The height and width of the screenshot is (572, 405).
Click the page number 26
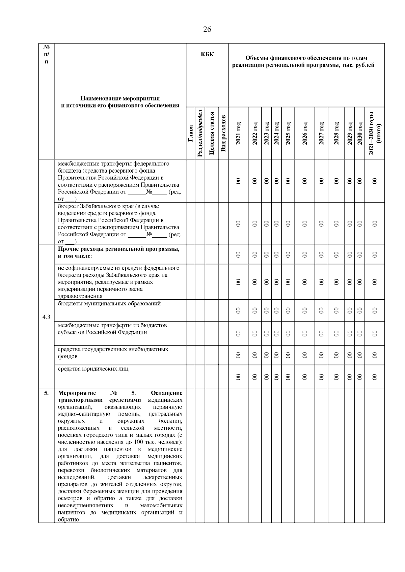(207, 29)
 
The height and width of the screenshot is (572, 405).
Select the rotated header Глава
(191, 134)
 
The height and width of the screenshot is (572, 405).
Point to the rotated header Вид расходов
(223, 134)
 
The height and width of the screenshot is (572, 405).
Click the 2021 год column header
(238, 134)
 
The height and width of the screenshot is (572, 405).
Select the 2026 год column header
(304, 134)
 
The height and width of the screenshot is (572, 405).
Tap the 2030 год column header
(360, 134)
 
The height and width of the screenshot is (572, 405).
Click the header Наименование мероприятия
(120, 98)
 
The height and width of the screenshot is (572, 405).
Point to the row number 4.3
(46, 317)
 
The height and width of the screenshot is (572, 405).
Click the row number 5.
(46, 393)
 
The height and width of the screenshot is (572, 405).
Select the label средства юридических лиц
(93, 369)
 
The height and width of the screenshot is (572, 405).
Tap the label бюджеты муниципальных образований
(109, 303)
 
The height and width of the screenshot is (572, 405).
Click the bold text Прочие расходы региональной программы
(118, 249)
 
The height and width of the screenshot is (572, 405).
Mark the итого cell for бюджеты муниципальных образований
(375, 310)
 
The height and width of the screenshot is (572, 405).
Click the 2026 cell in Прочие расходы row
(304, 254)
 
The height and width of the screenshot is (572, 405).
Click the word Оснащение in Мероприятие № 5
(167, 393)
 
